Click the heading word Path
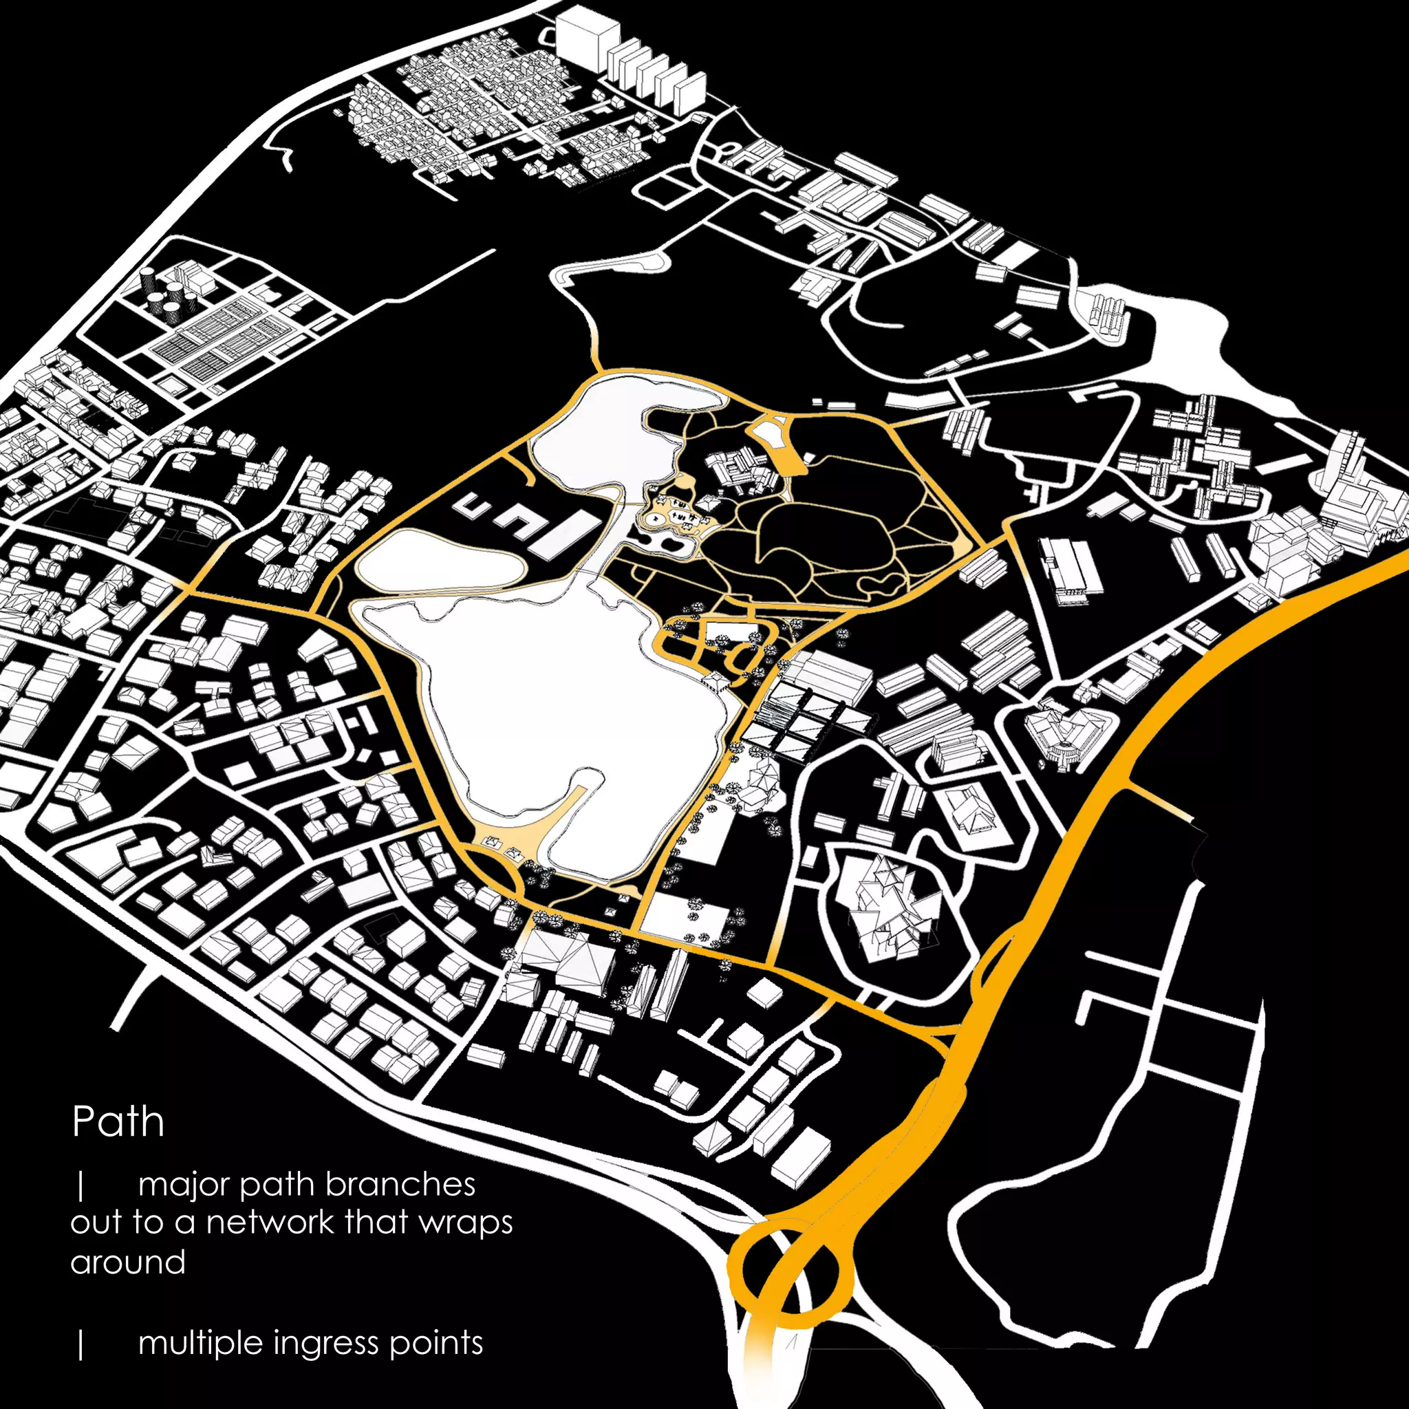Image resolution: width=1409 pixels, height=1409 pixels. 118,1121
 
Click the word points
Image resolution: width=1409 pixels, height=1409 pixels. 436,1343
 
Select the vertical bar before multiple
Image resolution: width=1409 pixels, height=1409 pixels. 81,1344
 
